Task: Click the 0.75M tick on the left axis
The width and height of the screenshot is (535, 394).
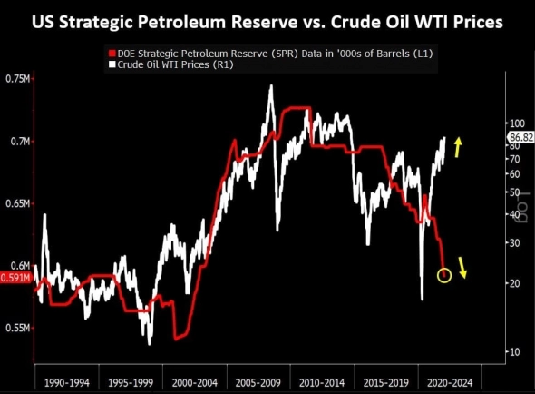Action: [x=17, y=80]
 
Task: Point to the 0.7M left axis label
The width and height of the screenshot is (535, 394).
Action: [x=19, y=142]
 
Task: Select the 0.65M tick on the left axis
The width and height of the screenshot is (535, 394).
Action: [x=17, y=204]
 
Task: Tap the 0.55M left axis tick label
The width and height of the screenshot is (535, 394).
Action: [x=17, y=328]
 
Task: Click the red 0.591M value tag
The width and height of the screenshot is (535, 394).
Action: [x=16, y=278]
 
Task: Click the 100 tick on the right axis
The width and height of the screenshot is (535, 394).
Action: [x=517, y=123]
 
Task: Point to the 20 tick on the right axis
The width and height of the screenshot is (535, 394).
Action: [x=514, y=283]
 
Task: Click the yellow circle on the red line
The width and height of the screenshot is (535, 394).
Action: [x=444, y=274]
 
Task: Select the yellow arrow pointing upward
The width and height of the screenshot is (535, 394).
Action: [x=460, y=144]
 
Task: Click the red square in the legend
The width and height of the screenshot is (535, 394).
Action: [x=112, y=54]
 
